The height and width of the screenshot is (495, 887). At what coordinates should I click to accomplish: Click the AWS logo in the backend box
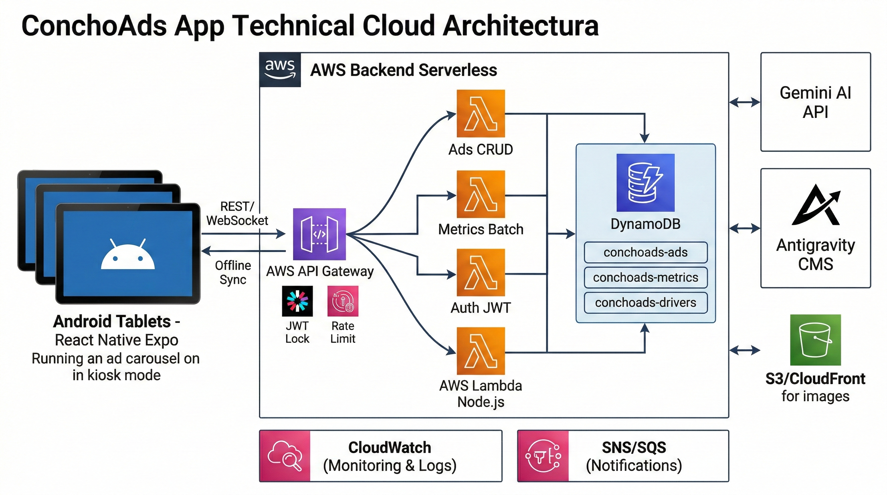(280, 69)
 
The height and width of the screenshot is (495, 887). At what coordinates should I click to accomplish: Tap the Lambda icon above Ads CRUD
(481, 113)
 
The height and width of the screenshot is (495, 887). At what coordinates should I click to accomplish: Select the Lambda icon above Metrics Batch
(481, 194)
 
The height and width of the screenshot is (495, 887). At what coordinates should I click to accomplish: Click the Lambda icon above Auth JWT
(481, 272)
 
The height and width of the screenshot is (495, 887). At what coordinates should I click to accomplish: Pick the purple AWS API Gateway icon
(319, 234)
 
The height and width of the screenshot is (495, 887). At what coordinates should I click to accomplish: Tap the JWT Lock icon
(297, 301)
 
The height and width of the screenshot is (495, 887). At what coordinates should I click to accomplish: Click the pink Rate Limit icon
(343, 301)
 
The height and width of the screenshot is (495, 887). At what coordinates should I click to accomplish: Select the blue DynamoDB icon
(645, 183)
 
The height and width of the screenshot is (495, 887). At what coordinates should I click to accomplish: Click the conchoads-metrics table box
(645, 277)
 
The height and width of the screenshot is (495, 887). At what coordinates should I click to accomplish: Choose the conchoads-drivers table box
(645, 303)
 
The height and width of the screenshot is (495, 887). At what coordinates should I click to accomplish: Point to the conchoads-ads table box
(645, 252)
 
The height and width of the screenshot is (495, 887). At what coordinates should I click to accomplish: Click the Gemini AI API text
(815, 102)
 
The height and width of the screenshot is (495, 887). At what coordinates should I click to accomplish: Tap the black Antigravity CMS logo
(816, 205)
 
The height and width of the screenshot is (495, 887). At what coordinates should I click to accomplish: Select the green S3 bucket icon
(815, 340)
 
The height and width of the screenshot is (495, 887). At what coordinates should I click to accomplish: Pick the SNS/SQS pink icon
(543, 455)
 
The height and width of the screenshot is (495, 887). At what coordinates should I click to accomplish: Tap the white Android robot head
(128, 255)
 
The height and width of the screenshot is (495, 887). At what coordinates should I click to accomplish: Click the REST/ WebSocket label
(237, 213)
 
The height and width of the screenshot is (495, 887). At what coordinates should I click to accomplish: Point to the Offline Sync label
(233, 272)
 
